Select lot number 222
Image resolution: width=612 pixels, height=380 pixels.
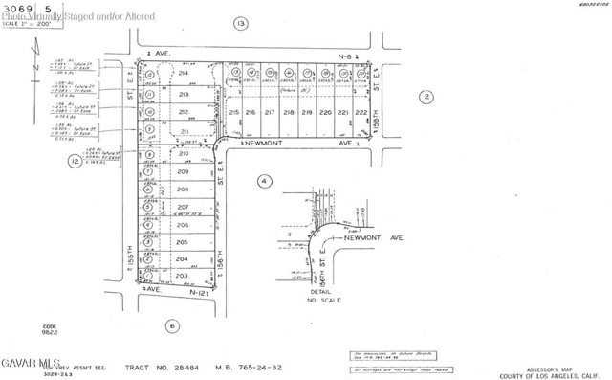coord(361,113)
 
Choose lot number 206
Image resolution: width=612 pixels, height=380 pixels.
coord(183,225)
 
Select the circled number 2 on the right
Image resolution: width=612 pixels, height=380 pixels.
coord(427,95)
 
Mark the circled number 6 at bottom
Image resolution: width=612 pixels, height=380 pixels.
coord(172,325)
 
